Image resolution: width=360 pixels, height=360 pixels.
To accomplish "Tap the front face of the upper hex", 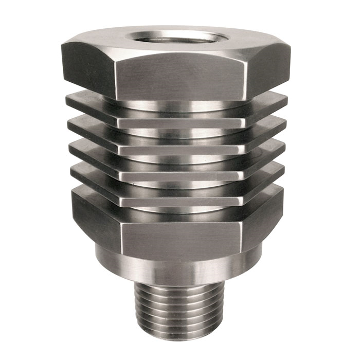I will coord(180,77).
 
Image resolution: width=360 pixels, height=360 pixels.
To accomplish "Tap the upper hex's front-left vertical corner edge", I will coord(114,77).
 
